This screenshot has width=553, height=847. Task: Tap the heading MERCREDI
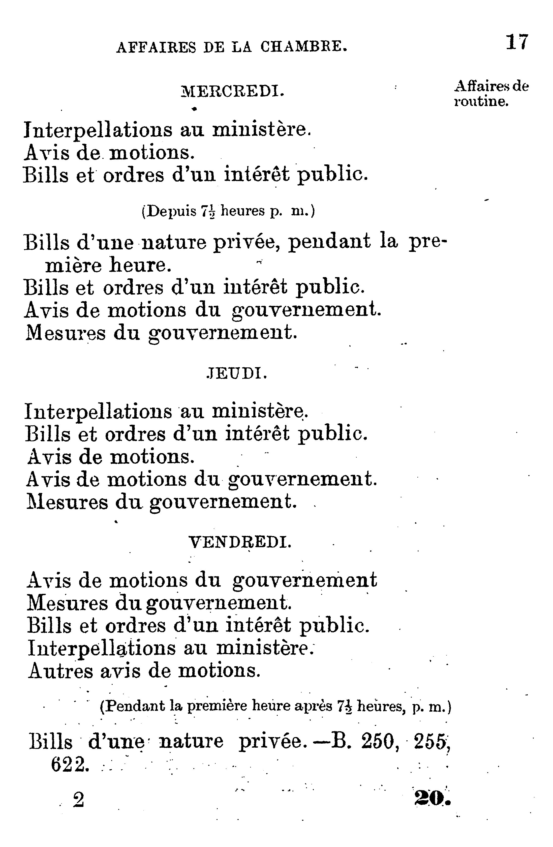pyautogui.click(x=233, y=92)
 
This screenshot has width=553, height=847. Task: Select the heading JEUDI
pyautogui.click(x=236, y=374)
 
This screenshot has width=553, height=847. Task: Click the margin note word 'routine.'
pyautogui.click(x=481, y=102)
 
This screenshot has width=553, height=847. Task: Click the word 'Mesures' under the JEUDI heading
pyautogui.click(x=67, y=502)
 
